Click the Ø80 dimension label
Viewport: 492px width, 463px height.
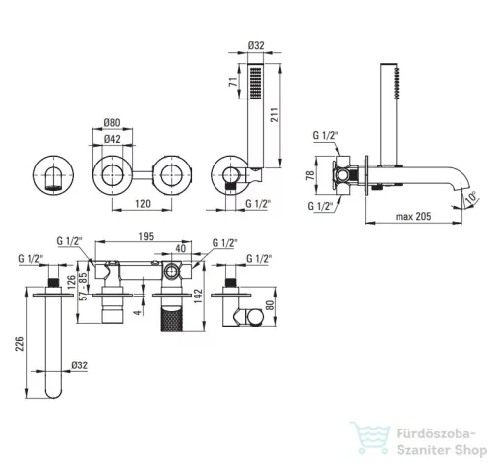tap(112, 123)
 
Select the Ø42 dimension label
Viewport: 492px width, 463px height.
tap(112, 139)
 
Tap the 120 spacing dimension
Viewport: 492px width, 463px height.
tap(143, 204)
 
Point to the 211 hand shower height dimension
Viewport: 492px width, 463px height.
tap(275, 115)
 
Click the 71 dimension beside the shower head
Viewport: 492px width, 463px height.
tap(233, 82)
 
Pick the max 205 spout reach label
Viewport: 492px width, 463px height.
tap(413, 216)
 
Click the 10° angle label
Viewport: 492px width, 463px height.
tap(471, 198)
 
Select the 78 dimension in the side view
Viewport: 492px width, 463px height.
tap(310, 174)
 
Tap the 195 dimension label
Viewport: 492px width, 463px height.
tap(146, 236)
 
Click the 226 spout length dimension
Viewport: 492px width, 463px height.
tap(20, 344)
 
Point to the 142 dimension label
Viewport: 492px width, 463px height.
tap(198, 297)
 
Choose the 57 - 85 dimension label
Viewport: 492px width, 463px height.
tap(84, 286)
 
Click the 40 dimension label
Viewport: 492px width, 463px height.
tap(181, 248)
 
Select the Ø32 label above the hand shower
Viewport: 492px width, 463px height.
tap(256, 45)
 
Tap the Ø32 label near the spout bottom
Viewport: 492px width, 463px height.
tap(80, 365)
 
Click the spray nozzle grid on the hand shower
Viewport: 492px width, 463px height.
tap(256, 83)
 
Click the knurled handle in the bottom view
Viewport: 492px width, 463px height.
tap(171, 319)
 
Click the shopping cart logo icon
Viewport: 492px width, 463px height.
tap(370, 437)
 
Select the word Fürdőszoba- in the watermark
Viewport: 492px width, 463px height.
tap(436, 434)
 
